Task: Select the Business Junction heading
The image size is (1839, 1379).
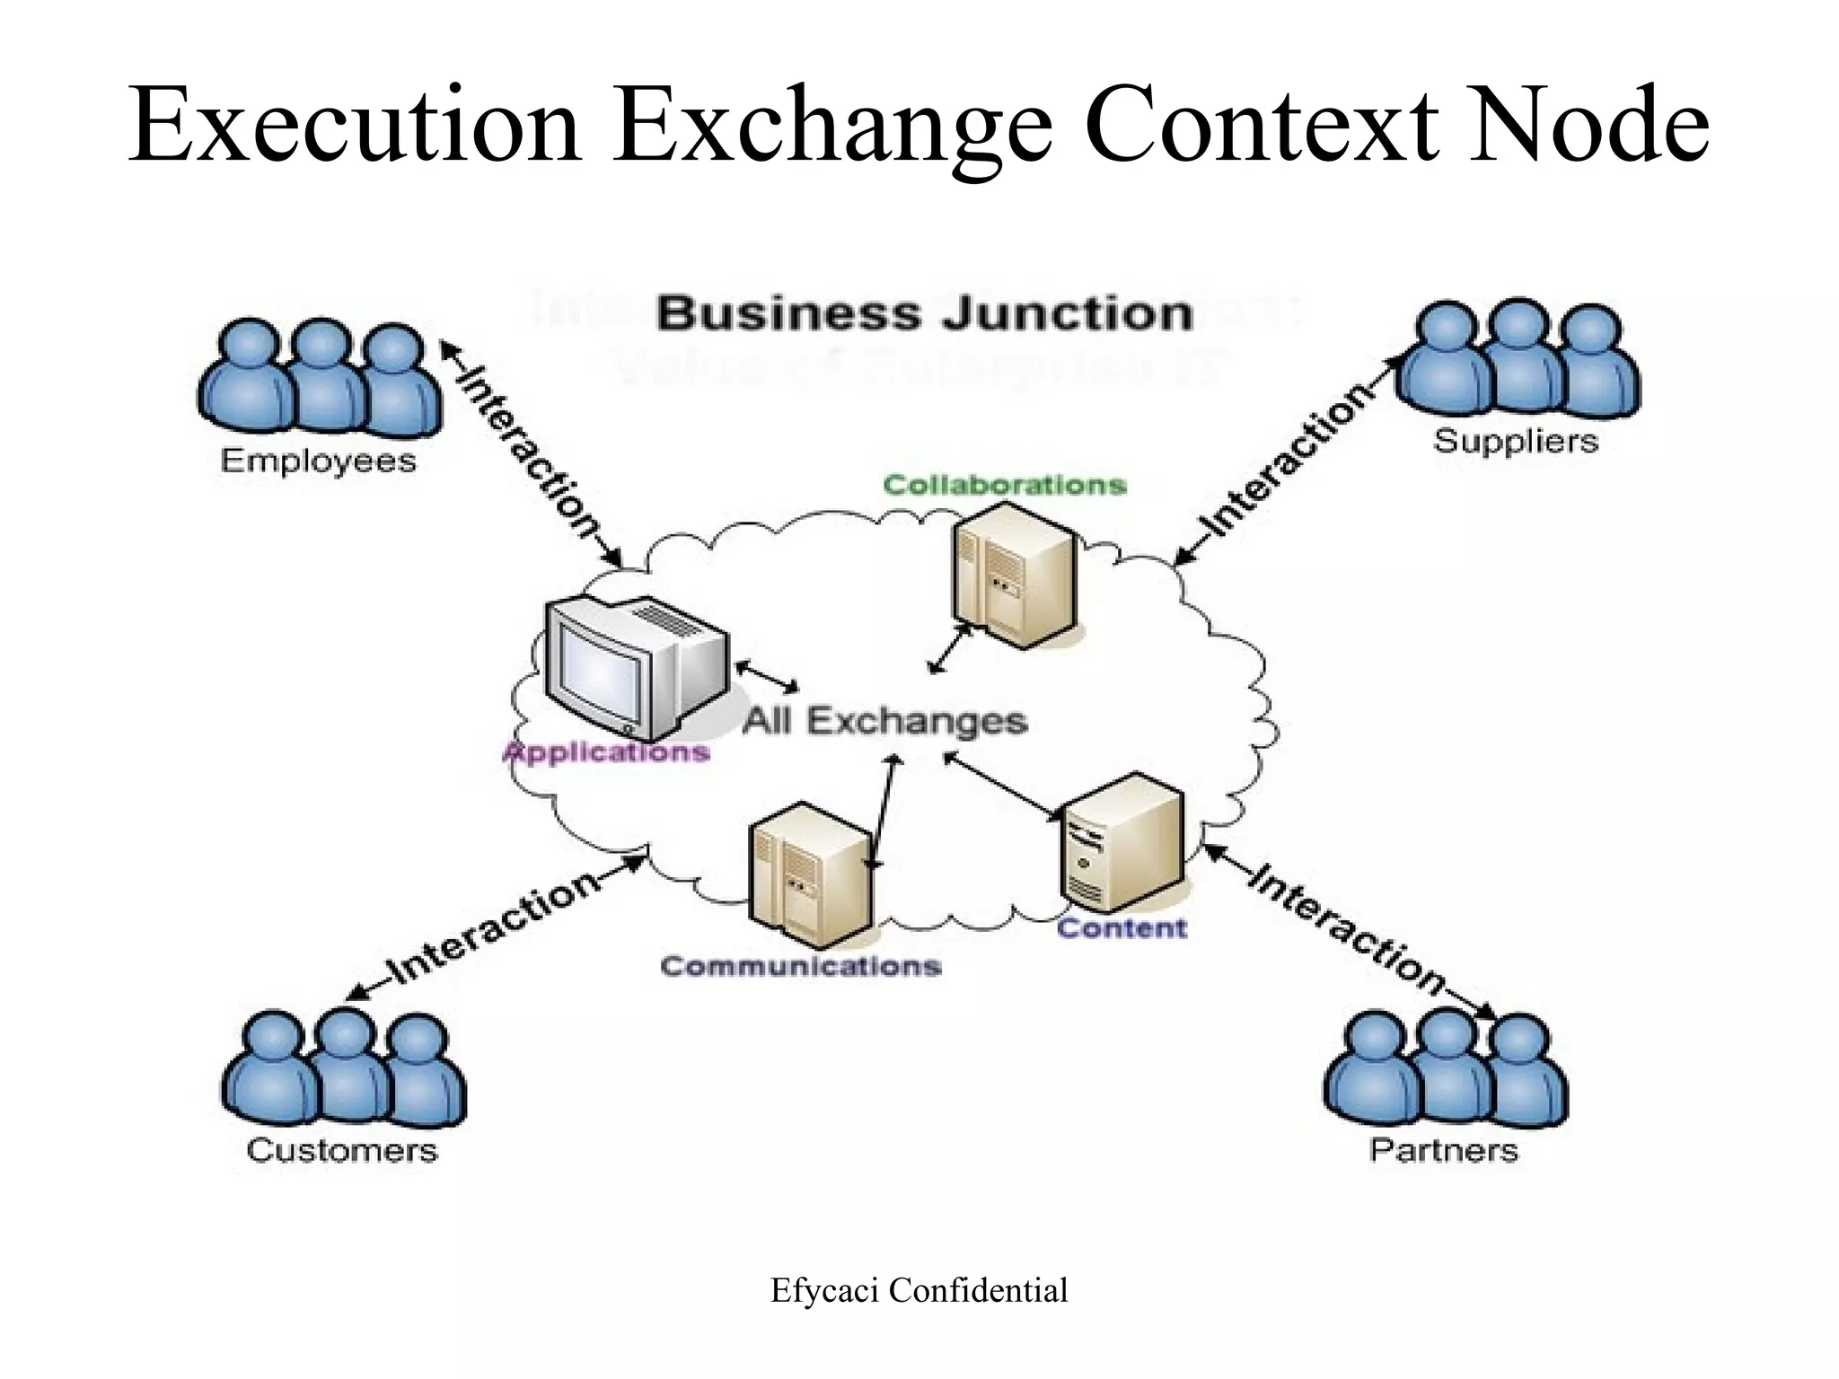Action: click(x=924, y=314)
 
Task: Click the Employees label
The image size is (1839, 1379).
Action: click(x=318, y=461)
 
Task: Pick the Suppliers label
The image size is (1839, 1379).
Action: click(x=1516, y=441)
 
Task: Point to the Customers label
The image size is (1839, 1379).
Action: click(x=341, y=1150)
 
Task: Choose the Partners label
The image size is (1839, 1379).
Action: click(x=1443, y=1150)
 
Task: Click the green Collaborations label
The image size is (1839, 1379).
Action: click(x=1004, y=485)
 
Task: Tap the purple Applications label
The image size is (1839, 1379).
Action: click(x=607, y=751)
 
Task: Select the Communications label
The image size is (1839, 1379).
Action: click(x=800, y=966)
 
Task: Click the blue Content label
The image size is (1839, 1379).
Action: click(x=1122, y=927)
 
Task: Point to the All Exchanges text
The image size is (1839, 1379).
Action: click(x=884, y=721)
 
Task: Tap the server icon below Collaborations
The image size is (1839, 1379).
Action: click(x=1013, y=575)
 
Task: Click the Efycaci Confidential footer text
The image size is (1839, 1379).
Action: click(x=919, y=1291)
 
